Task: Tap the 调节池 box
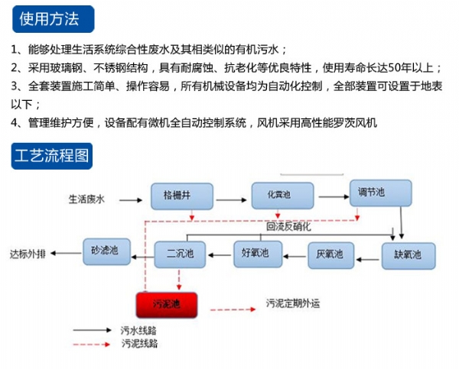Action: point(380,193)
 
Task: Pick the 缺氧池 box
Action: point(408,254)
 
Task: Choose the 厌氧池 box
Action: point(330,254)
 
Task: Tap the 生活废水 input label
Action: point(86,200)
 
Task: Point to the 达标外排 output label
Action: point(28,253)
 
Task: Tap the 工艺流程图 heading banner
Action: point(52,158)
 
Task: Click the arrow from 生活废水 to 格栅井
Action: point(130,200)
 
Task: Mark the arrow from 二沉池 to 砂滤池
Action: point(142,252)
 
